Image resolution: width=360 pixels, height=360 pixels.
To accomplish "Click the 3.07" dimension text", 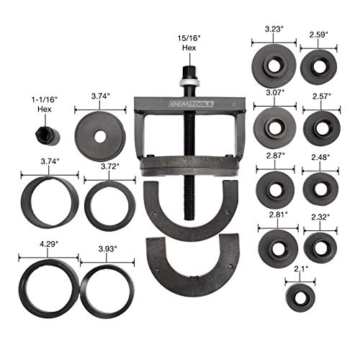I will coord(273,94).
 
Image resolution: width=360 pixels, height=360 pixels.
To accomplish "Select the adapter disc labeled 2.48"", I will coord(320,188).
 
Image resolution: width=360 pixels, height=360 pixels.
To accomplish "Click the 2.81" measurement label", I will coord(274,215).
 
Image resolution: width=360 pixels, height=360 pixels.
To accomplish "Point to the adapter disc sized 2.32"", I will coord(320,246).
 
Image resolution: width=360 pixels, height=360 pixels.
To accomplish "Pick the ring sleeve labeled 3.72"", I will coord(109,205).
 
